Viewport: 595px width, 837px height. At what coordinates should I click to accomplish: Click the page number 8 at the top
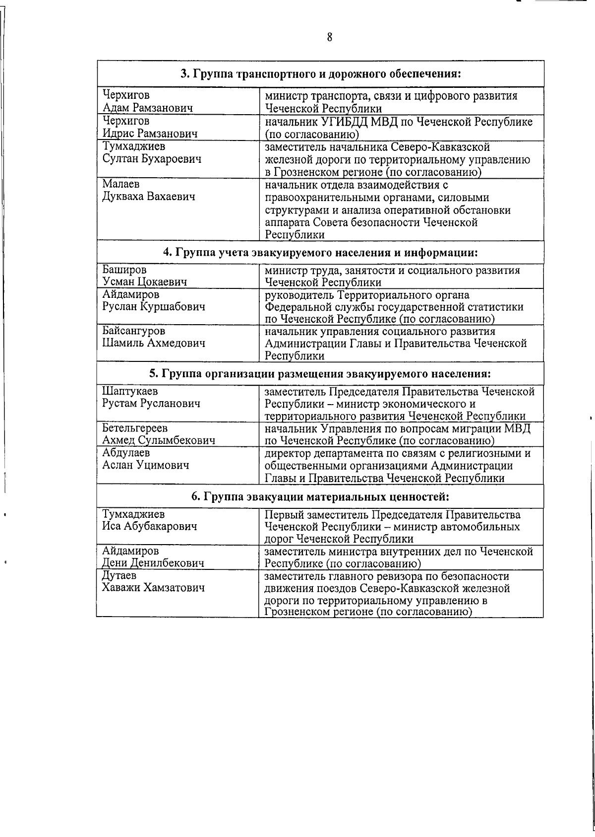coord(329,38)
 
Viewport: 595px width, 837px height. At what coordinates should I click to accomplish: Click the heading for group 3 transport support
coord(321,74)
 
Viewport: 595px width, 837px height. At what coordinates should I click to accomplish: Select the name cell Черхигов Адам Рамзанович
coord(147,101)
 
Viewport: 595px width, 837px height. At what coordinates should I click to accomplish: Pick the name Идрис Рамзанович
coord(150,134)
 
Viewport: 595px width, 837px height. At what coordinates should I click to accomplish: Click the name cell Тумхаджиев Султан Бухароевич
coord(152,153)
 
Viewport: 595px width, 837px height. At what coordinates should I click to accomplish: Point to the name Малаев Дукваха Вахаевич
coord(149,191)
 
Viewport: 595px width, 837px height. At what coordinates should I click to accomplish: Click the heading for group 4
coord(321,252)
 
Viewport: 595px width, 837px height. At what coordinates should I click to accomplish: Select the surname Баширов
coord(124,271)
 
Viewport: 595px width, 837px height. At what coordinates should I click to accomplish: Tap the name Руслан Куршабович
coord(154,307)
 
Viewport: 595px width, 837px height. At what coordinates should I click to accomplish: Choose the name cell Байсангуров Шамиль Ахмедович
coord(153,337)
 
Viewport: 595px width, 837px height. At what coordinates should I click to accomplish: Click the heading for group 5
coord(321,373)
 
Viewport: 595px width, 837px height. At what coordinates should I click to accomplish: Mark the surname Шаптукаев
coord(130,392)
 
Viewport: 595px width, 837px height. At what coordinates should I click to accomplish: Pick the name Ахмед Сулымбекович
coord(158,440)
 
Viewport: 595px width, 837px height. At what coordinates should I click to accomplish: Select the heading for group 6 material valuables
coord(321,496)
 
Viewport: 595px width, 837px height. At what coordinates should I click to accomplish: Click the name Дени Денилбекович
coord(153,563)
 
